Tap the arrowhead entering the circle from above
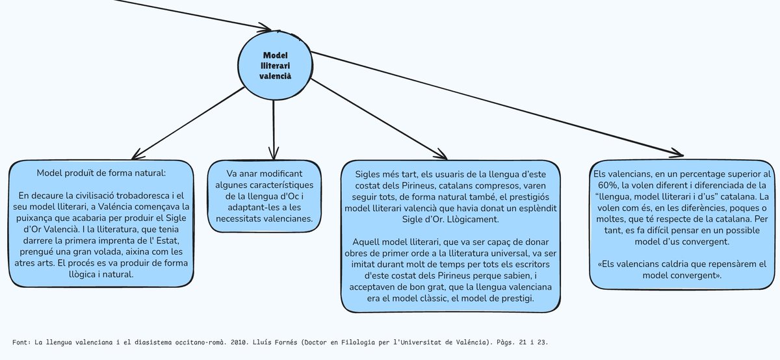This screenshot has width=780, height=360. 265,29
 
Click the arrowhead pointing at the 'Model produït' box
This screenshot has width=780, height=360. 137,154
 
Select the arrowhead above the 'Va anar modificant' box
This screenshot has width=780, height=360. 274,150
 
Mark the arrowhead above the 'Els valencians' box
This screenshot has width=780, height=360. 675,153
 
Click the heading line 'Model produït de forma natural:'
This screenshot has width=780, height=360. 102,174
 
